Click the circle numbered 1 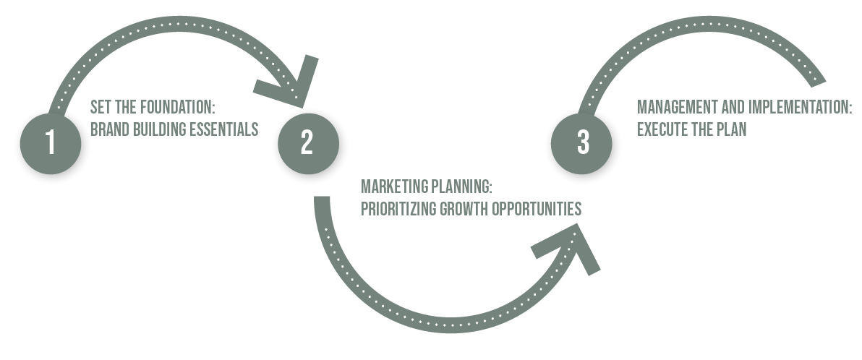point(51,143)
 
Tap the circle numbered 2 point(307,142)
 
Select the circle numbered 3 point(583,142)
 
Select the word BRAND point(106,130)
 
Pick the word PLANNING point(461,187)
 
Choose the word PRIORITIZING point(397,210)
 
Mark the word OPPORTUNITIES point(537,210)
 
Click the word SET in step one point(99,108)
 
